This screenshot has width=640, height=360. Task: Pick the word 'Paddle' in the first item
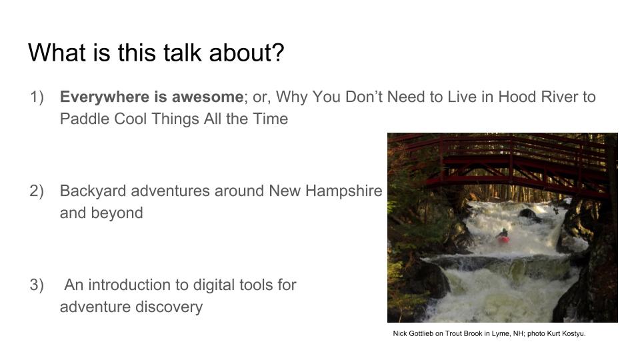[x=84, y=119]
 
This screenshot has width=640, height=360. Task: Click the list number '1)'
[x=37, y=97]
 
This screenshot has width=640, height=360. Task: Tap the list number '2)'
[x=37, y=191]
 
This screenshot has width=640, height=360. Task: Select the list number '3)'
[x=37, y=285]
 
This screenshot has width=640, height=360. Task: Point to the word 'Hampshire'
[x=343, y=191]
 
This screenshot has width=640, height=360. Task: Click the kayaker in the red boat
[x=503, y=236]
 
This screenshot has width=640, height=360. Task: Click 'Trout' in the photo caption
[x=453, y=333]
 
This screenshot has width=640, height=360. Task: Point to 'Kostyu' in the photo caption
[x=573, y=333]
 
